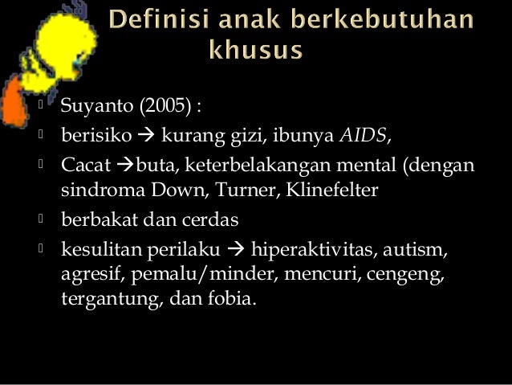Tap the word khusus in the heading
tap(256, 51)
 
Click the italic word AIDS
tap(363, 137)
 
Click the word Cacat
tap(83, 166)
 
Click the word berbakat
tap(95, 220)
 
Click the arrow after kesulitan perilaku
tap(238, 248)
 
